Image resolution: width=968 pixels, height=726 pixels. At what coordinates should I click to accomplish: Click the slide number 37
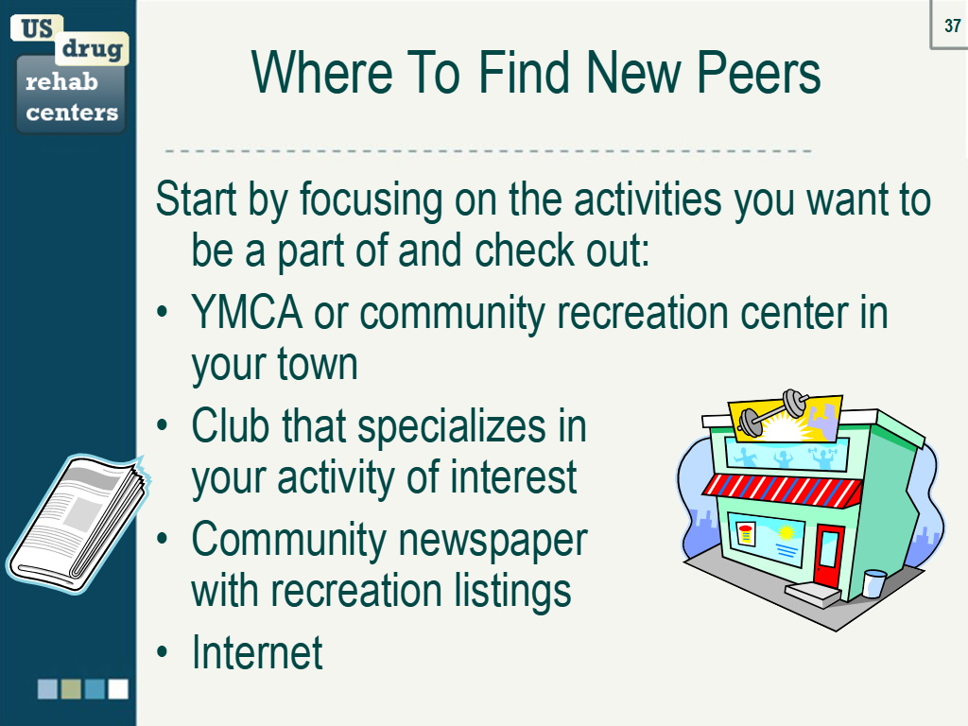pos(952,26)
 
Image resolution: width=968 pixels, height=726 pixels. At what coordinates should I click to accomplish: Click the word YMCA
pos(247,312)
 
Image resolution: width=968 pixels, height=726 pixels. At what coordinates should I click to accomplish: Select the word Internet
pos(257,652)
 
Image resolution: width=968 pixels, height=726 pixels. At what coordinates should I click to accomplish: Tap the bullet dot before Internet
pos(163,652)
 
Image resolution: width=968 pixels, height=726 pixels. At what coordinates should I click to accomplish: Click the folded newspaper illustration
pos(78,524)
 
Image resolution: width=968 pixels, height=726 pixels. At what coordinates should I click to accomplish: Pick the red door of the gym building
pos(828,554)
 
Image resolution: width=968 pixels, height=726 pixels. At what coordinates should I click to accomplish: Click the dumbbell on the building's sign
pos(775,412)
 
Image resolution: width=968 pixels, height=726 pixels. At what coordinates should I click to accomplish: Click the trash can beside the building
pos(873,582)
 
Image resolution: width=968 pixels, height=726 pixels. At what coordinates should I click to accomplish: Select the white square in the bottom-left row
pos(118,689)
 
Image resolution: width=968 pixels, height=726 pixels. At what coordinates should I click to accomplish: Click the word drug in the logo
pos(92,47)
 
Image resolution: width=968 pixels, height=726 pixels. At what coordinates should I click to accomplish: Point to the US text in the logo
pos(37,28)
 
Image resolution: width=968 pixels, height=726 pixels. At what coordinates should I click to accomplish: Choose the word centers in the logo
pos(72,112)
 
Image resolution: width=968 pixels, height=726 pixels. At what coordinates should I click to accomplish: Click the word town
pos(318,364)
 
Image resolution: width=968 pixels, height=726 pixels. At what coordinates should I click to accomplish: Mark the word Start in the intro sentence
pos(197,199)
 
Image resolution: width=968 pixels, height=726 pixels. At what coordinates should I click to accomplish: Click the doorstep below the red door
pos(814,594)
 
